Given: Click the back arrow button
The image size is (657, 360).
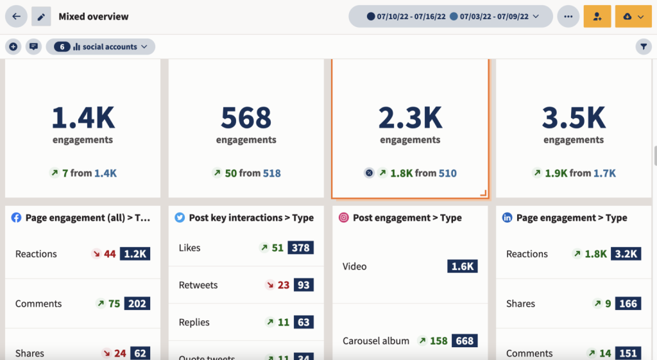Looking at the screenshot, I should tap(16, 17).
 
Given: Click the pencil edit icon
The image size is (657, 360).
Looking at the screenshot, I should tap(41, 17).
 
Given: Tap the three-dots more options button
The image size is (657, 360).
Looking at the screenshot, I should tap(568, 17).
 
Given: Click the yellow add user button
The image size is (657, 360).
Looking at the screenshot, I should tap(597, 17).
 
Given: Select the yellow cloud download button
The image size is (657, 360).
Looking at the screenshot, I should tap(633, 17).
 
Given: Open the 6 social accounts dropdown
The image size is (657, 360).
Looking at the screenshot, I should tap(100, 47).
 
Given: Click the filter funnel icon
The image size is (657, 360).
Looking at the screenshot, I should tap(644, 47).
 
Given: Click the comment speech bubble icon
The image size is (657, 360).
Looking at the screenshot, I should tap(33, 47).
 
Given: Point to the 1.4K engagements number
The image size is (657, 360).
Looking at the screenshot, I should tap(83, 118).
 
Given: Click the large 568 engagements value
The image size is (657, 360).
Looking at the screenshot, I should tap(246, 118).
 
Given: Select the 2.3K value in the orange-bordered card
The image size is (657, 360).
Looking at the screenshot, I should tap(410, 118).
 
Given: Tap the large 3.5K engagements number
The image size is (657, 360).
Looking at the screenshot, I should tap(574, 118).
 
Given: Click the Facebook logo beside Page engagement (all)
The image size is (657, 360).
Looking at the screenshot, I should tap(17, 218).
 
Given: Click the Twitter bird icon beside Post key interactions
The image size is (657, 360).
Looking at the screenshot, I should tap(180, 218).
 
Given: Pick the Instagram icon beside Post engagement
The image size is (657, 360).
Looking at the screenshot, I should tap(344, 218).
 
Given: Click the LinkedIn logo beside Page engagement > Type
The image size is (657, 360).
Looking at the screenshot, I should tap(508, 218).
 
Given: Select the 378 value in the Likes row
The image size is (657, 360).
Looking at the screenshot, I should tap(300, 248).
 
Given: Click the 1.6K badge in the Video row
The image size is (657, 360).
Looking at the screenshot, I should tap(462, 266).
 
